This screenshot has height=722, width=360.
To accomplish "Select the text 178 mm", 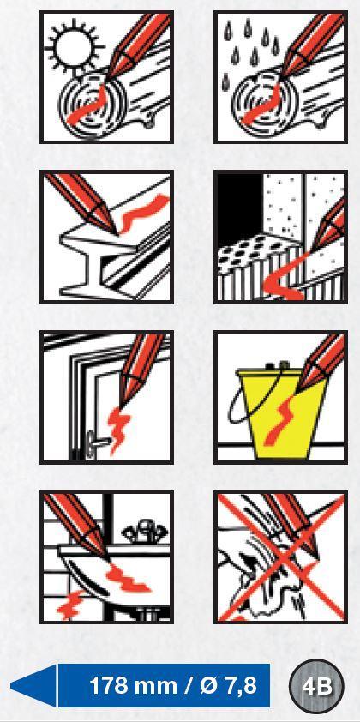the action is tap(134, 686).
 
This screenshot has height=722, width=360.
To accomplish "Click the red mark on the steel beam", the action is tap(141, 213).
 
